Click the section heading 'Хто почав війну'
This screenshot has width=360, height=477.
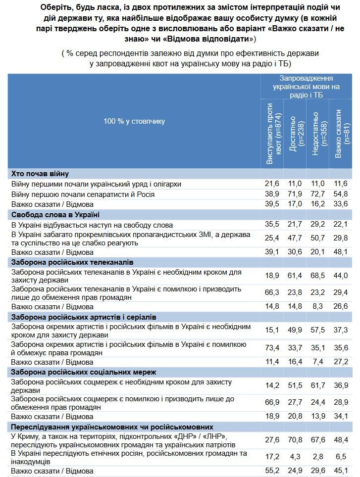40,174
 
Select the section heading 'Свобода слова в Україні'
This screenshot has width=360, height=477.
55,214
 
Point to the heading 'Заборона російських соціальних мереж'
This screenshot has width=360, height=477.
84,372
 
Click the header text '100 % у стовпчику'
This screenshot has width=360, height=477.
134,121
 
